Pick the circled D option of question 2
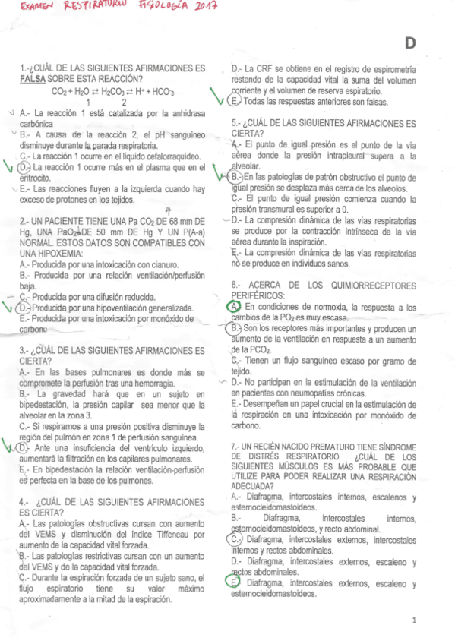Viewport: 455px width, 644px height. (25, 308)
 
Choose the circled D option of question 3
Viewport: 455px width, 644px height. (24, 448)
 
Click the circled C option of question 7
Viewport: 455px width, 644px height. (236, 538)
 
